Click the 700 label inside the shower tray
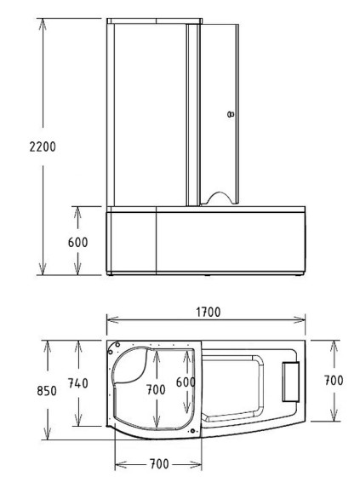pyautogui.click(x=157, y=388)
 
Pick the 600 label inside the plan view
pyautogui.click(x=186, y=383)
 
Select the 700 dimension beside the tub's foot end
pyautogui.click(x=334, y=381)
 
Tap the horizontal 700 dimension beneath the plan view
pyautogui.click(x=158, y=464)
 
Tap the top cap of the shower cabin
pyautogui.click(x=155, y=19)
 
